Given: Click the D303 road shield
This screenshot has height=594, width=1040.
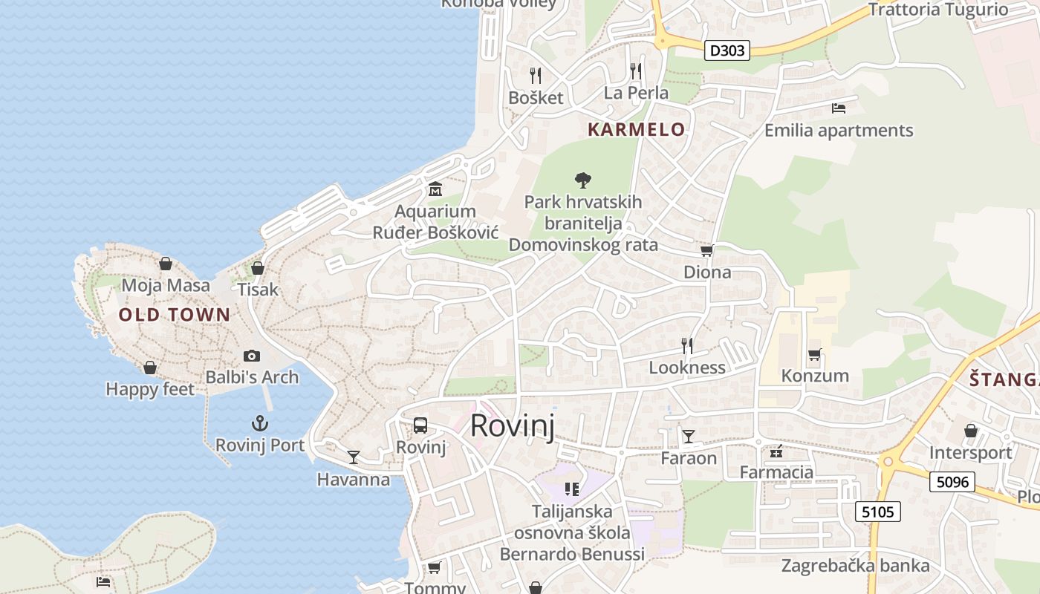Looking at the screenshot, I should tap(727, 50).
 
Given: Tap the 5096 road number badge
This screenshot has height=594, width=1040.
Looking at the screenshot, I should tap(952, 482).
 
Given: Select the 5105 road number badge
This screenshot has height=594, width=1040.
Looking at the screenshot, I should tap(878, 511).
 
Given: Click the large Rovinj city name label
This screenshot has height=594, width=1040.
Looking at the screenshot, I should tap(513, 426).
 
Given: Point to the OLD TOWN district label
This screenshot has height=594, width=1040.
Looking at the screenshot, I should tap(175, 315).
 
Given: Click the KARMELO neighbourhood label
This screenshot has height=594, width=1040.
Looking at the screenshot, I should tap(637, 129).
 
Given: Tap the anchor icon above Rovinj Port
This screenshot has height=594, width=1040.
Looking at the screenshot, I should tap(259, 424).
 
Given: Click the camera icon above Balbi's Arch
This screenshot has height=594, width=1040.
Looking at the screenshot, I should tap(252, 356).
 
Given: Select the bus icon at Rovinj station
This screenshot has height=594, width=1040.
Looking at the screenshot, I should tap(420, 425).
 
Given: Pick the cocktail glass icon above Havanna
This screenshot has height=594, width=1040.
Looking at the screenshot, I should tap(354, 457).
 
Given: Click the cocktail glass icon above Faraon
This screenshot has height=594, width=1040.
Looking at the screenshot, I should tap(689, 436).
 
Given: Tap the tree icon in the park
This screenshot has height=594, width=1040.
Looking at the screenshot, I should tap(583, 180).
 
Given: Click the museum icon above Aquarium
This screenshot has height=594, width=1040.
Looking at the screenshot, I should tap(435, 189).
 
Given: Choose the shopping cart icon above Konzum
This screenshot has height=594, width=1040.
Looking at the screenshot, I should tap(815, 354).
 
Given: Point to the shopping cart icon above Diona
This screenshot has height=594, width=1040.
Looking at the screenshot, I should tap(707, 251).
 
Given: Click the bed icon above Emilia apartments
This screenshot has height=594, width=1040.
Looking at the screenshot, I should tap(839, 108).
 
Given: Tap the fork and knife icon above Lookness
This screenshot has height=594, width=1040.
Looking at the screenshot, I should tap(687, 345).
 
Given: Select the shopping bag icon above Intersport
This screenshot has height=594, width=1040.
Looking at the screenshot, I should tap(970, 431).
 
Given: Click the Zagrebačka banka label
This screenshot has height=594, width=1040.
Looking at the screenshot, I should tap(855, 566).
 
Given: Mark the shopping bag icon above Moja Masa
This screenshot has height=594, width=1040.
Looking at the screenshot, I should tap(166, 264).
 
